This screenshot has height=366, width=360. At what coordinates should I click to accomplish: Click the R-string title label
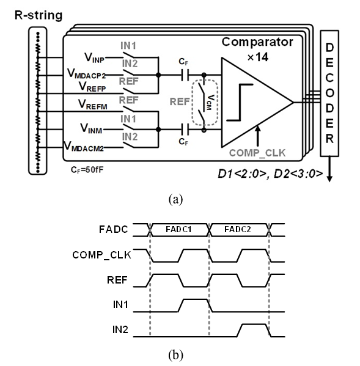39,16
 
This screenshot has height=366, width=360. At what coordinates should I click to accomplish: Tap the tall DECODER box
329,93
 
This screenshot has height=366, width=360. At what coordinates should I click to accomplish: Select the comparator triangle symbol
257,102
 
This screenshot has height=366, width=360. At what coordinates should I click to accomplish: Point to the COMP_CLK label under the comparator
257,153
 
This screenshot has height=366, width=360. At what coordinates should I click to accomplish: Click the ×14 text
258,57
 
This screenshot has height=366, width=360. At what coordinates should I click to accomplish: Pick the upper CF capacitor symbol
185,75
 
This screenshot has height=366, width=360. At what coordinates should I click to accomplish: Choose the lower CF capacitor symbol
185,130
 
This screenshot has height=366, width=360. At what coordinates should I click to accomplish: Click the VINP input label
94,57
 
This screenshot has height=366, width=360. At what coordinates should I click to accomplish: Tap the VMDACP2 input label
86,73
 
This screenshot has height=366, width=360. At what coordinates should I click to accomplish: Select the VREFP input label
92,87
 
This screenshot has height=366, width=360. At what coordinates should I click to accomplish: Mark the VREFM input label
93,104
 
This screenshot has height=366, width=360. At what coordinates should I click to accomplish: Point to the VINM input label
91,128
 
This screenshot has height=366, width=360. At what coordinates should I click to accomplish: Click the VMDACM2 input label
84,147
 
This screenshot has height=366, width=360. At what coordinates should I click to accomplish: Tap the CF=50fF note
87,170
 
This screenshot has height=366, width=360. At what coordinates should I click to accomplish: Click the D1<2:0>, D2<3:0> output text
270,174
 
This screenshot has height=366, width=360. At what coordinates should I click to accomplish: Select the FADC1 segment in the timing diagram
179,230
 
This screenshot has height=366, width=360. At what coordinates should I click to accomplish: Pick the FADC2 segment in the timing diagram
238,230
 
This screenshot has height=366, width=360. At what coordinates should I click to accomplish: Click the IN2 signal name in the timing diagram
120,329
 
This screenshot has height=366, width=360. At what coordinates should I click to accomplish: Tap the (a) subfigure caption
175,200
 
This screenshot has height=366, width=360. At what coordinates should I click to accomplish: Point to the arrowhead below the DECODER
329,179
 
